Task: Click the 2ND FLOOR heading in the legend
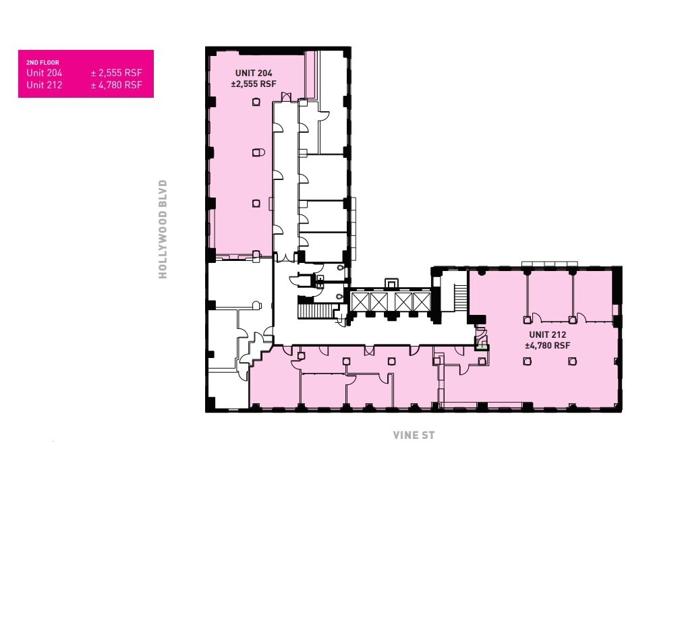[x=43, y=63]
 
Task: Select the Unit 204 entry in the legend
[x=45, y=73]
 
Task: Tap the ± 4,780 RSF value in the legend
[x=117, y=85]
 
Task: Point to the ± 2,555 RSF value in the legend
[x=117, y=73]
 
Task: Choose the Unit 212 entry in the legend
[x=45, y=85]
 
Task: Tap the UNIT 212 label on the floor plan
[x=547, y=334]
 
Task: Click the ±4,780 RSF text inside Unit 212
[x=548, y=345]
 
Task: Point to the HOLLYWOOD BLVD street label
[x=163, y=229]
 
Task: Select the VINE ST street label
[x=414, y=436]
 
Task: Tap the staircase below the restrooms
[x=316, y=311]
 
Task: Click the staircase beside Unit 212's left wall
[x=461, y=297]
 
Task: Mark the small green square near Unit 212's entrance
[x=482, y=347]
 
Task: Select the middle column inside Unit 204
[x=256, y=152]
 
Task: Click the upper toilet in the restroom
[x=340, y=268]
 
